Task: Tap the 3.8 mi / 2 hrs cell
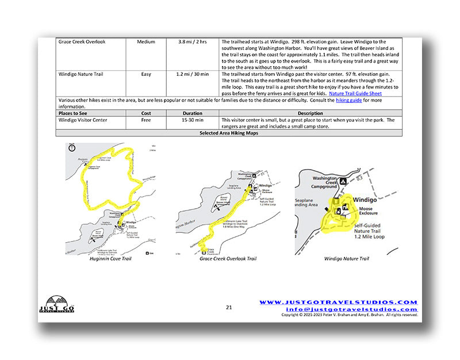point(192,42)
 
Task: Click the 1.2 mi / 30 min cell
point(192,74)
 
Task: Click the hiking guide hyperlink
point(351,100)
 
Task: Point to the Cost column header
point(146,113)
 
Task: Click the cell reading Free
point(146,120)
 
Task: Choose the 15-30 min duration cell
point(192,120)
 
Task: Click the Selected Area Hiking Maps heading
point(229,133)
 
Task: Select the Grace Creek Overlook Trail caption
point(228,259)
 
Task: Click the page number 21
point(229,308)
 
